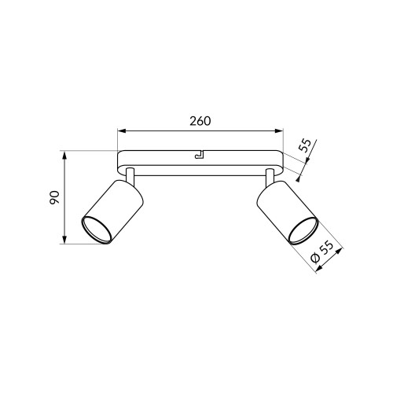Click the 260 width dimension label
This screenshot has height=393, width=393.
pos(200,121)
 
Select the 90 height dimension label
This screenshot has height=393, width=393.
pos(55,197)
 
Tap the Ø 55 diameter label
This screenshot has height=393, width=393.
pos(322,252)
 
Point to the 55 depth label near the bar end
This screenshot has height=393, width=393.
pos(305,145)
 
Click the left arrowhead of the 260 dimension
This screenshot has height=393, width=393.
pos(122,130)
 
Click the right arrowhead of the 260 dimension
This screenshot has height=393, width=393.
pos(279,130)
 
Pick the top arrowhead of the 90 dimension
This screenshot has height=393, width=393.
pos(64,155)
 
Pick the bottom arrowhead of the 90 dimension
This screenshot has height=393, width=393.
pos(64,240)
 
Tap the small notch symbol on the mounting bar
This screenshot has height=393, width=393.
pos(200,155)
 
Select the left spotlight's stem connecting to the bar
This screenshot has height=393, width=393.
pos(130,175)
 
